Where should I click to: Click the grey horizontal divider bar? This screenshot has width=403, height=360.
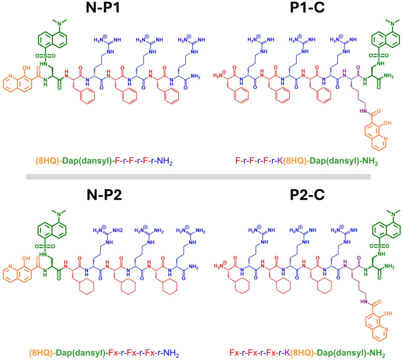point(201,176)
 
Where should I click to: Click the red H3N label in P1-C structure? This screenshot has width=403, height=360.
point(222,75)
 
